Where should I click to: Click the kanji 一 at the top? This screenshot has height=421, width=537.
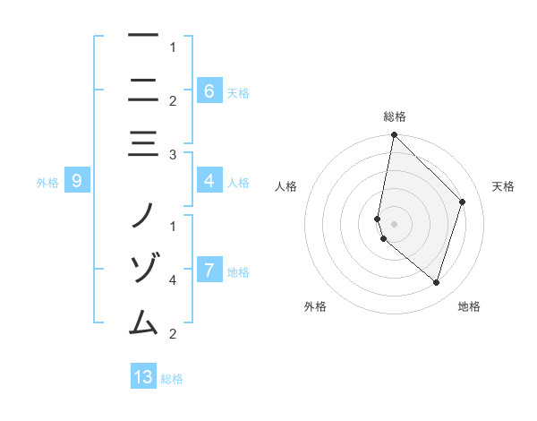click(143, 36)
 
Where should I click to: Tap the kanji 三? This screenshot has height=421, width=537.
click(143, 142)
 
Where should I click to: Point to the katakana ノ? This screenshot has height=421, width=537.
click(143, 215)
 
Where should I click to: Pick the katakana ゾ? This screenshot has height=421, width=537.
click(143, 268)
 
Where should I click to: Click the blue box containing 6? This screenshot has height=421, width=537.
click(209, 90)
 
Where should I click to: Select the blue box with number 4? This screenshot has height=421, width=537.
click(209, 181)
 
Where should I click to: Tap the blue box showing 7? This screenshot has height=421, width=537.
click(209, 270)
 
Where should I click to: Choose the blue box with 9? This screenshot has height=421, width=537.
click(77, 182)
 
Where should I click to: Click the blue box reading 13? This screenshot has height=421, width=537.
click(143, 377)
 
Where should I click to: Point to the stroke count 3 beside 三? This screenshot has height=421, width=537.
click(172, 155)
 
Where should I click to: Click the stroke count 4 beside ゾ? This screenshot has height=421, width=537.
click(172, 280)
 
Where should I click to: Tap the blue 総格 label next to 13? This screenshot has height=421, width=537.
click(172, 379)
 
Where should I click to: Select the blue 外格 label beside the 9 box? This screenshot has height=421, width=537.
click(47, 183)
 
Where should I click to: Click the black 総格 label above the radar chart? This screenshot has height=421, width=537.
click(394, 116)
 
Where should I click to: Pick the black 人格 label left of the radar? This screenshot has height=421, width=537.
click(286, 186)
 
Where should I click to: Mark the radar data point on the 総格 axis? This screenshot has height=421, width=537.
click(394, 135)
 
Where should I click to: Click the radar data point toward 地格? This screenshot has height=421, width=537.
click(436, 282)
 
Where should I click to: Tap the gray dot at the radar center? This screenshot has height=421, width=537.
click(394, 224)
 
